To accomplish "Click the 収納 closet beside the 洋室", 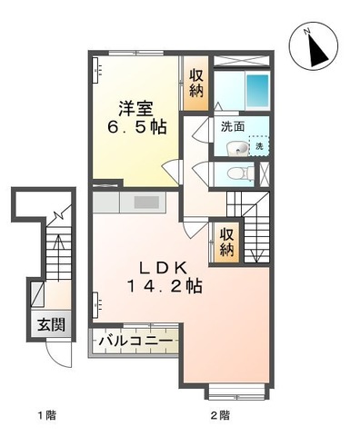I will click(196, 84).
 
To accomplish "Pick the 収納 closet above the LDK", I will click(226, 240).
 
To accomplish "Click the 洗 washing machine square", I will click(259, 146).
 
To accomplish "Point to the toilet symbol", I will click(237, 173).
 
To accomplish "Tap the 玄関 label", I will click(49, 324).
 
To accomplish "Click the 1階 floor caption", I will click(46, 415).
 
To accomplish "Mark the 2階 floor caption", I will click(219, 415).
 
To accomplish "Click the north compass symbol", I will click(314, 47).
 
